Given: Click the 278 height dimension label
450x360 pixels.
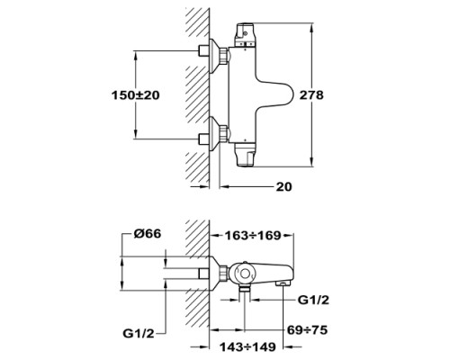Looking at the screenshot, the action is click(312, 95).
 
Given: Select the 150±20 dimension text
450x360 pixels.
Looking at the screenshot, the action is click(136, 95).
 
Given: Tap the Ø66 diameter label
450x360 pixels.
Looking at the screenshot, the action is click(148, 234).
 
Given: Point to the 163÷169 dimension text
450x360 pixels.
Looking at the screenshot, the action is click(253, 236).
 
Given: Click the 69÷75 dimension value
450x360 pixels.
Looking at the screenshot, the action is click(307, 330).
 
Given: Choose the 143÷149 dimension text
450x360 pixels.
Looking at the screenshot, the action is click(247, 347).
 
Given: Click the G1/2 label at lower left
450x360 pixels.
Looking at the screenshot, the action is click(139, 333).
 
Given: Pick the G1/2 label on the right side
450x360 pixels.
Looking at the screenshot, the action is click(313, 300).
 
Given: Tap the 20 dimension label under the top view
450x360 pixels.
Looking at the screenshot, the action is click(283, 186).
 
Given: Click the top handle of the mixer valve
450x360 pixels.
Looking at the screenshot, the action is click(246, 34).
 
